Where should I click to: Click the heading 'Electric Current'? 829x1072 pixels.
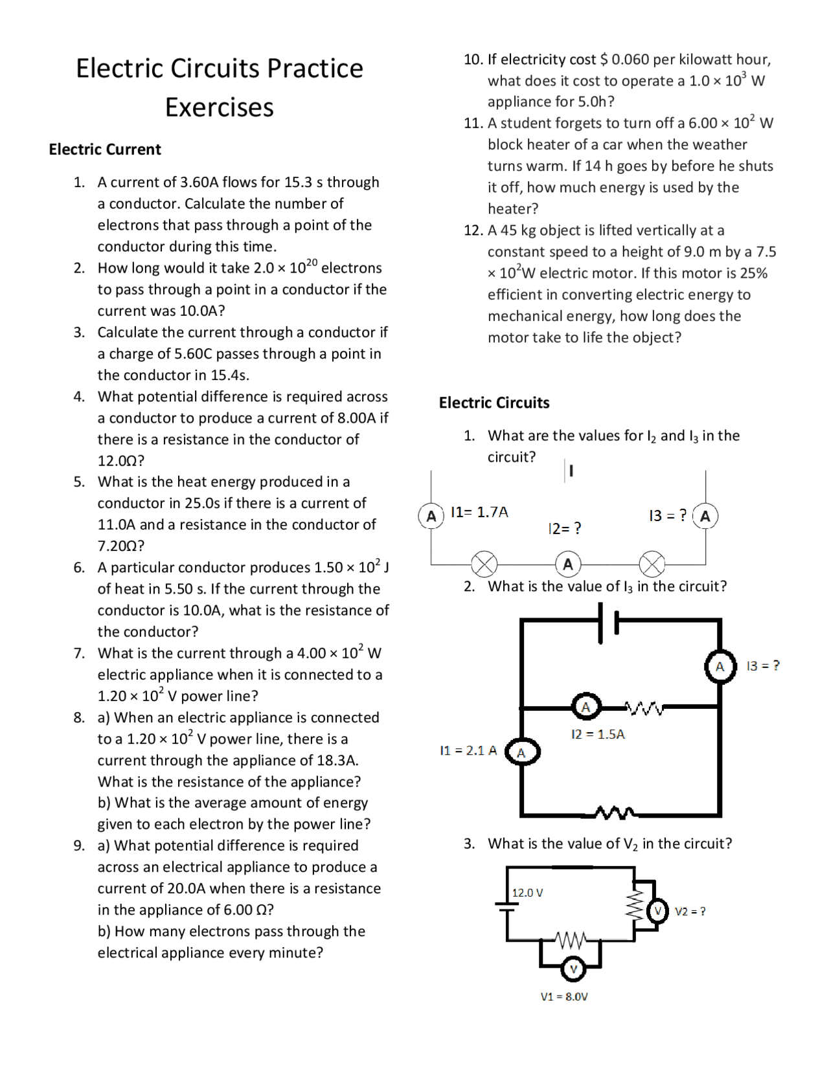click(x=105, y=150)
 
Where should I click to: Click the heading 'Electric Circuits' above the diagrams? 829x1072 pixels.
click(x=494, y=403)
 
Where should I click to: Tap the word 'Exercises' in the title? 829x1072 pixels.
click(x=220, y=107)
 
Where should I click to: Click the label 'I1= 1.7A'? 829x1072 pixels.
click(x=479, y=512)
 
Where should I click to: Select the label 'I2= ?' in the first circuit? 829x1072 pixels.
click(x=565, y=528)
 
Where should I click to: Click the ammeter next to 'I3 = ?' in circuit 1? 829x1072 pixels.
click(x=705, y=516)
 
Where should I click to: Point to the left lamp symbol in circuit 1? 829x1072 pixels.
click(x=484, y=564)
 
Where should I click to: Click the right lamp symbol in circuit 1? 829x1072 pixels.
click(x=652, y=564)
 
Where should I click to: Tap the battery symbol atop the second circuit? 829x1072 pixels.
click(x=608, y=622)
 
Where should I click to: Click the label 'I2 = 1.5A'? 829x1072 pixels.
click(x=598, y=734)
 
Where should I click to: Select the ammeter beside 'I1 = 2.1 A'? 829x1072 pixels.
click(x=522, y=752)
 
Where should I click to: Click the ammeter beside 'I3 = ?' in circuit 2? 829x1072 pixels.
click(x=720, y=666)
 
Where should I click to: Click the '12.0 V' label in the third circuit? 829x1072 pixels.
click(x=527, y=893)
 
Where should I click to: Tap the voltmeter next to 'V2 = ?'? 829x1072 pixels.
click(x=658, y=911)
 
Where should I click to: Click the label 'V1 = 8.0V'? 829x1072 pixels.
click(x=564, y=996)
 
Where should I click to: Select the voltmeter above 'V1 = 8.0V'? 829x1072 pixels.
click(x=573, y=969)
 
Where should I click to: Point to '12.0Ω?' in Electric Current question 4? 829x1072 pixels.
click(x=121, y=460)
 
